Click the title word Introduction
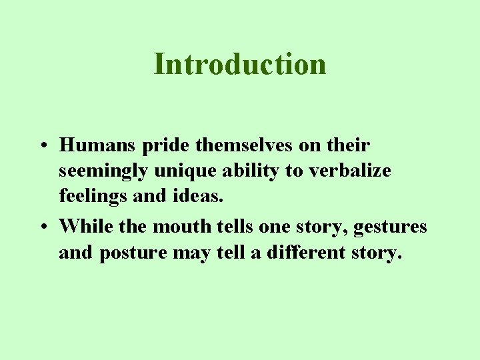click(240, 64)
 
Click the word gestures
click(391, 227)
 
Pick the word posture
click(138, 253)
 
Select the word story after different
click(374, 253)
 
